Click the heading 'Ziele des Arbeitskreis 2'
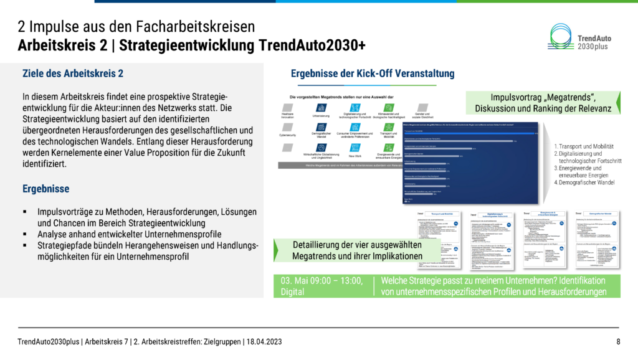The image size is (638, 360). tap(72, 73)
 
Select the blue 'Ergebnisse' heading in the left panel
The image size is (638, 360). tap(46, 188)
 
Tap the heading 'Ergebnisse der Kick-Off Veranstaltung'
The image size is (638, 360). tap(373, 73)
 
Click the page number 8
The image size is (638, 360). tap(618, 341)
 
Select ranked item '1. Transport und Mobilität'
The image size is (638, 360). tap(583, 146)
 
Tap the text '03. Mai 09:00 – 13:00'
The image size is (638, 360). tap(321, 280)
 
